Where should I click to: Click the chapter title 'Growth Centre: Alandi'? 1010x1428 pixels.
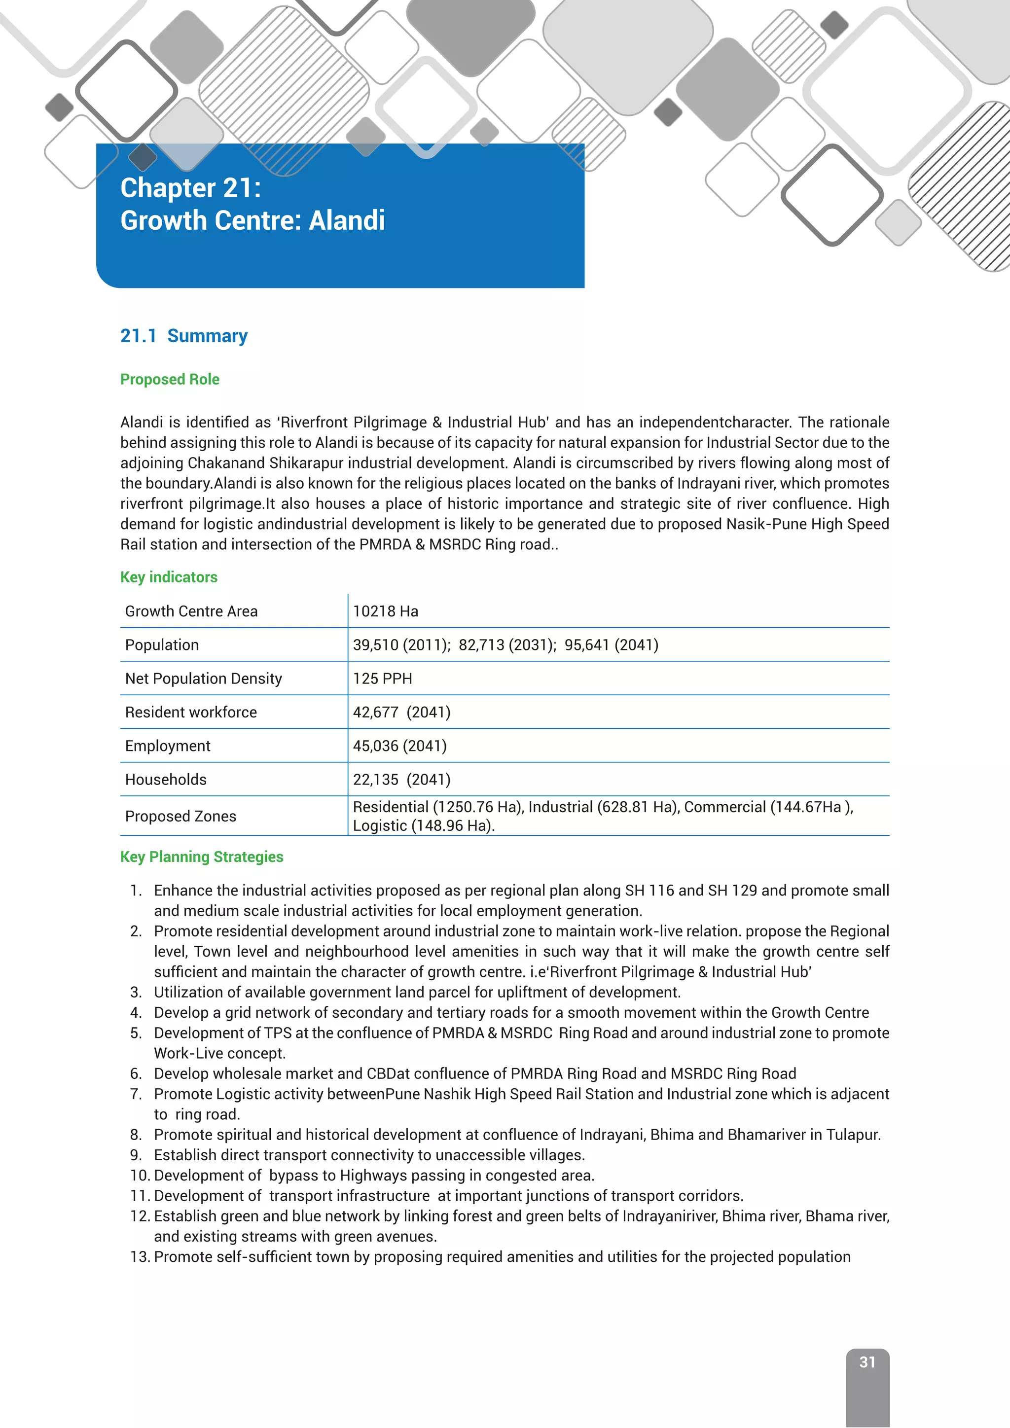252,221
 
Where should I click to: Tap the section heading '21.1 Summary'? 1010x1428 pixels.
183,336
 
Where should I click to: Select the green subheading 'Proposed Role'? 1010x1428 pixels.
170,379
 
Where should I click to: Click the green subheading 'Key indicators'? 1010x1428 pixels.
169,577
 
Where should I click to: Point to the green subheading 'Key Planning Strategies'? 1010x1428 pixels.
202,857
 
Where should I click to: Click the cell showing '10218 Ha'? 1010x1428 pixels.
386,611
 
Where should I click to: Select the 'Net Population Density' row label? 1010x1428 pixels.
203,678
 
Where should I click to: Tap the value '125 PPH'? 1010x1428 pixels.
383,678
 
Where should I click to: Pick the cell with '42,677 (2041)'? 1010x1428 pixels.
402,712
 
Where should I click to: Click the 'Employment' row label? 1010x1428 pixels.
168,746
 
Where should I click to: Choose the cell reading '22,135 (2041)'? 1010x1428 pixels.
402,779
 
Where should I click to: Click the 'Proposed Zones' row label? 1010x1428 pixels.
180,816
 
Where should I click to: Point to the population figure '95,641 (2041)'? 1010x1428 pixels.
612,645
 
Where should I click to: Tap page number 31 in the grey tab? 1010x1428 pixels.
867,1362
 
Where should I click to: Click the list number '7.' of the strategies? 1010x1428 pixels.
136,1094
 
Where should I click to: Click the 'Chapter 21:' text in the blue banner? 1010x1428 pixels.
190,188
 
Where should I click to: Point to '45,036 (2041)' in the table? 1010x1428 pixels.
400,746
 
